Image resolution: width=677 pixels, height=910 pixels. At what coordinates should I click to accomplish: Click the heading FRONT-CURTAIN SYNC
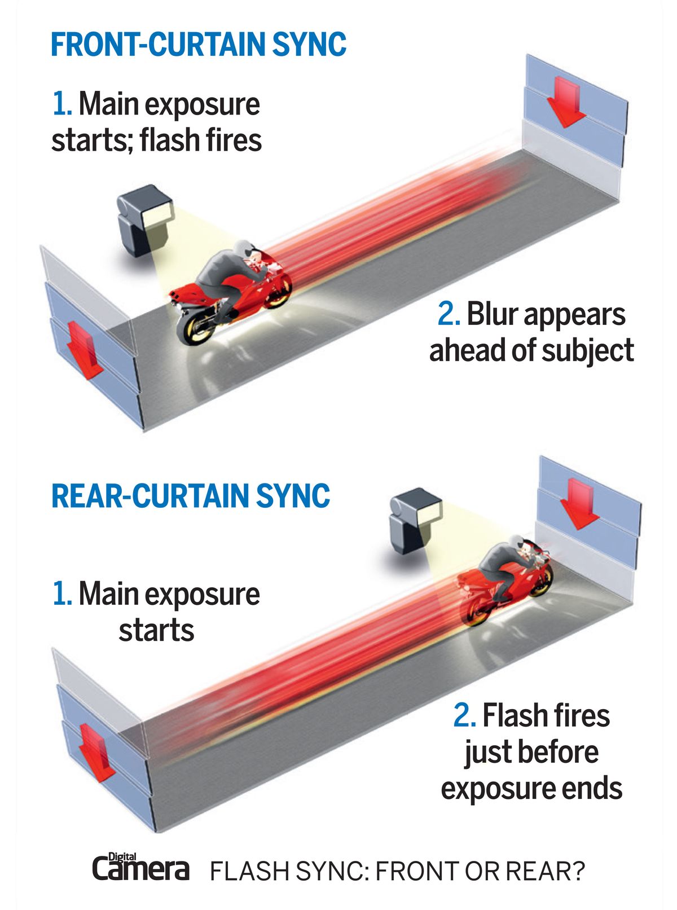tap(198, 45)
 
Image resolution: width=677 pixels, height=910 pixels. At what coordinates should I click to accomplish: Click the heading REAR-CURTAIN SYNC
tap(191, 495)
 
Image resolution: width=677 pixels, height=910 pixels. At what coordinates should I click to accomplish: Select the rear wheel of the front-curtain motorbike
tap(195, 329)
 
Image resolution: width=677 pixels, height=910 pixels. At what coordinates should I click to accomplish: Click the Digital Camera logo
tap(141, 867)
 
